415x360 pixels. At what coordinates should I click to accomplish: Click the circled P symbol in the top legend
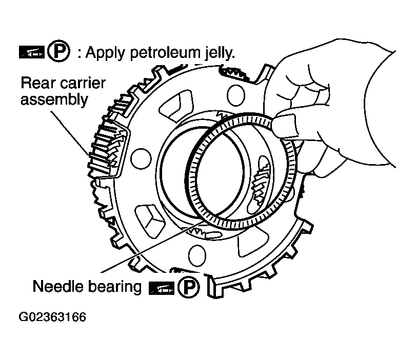(58, 53)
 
